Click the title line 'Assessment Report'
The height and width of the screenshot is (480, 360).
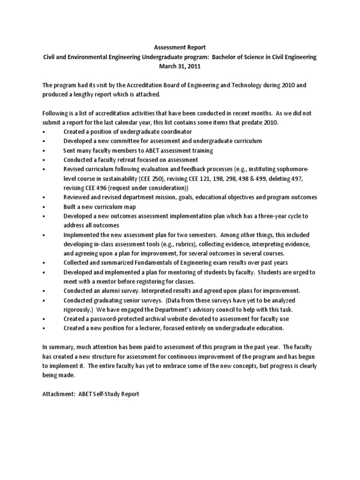180,47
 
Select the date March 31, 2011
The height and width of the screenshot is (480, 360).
180,66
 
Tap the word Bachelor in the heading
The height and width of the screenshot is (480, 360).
228,57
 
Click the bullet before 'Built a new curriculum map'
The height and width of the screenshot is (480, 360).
43,206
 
